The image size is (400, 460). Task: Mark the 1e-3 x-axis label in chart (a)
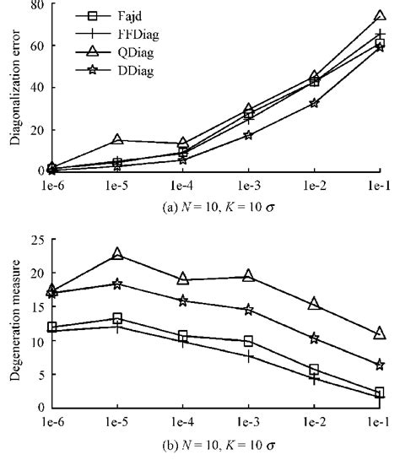tap(247, 183)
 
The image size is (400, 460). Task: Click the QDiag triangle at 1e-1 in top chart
tap(380, 16)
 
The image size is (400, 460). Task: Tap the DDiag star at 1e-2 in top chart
tap(314, 103)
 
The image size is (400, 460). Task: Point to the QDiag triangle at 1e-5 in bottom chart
tap(117, 254)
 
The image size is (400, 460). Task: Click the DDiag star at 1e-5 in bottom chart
tap(117, 284)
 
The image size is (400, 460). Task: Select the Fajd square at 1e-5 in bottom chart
tap(117, 318)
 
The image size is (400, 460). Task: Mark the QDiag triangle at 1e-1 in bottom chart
tap(380, 333)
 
